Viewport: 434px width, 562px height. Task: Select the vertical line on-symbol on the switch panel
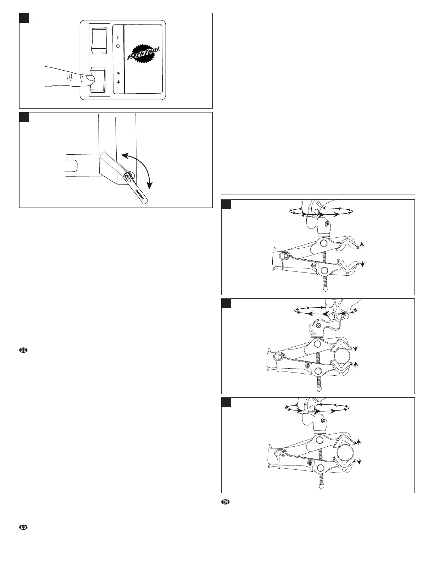pyautogui.click(x=118, y=37)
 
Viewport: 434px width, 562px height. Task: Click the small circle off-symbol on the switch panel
pyautogui.click(x=118, y=46)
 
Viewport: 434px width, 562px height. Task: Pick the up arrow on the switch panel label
pyautogui.click(x=118, y=74)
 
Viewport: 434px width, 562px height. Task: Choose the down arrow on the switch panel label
pyautogui.click(x=118, y=82)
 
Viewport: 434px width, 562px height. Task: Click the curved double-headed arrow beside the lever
pyautogui.click(x=142, y=169)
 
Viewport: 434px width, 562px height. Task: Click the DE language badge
pyautogui.click(x=23, y=351)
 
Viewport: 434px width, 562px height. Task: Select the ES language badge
pyautogui.click(x=23, y=528)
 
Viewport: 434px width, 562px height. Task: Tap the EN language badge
pyautogui.click(x=226, y=502)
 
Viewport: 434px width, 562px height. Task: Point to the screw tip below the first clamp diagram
pyautogui.click(x=324, y=289)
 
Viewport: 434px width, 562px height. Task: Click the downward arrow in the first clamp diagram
pyautogui.click(x=362, y=263)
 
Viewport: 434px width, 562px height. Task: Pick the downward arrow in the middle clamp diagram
pyautogui.click(x=356, y=349)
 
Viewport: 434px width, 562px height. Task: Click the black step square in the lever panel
pyautogui.click(x=24, y=117)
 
